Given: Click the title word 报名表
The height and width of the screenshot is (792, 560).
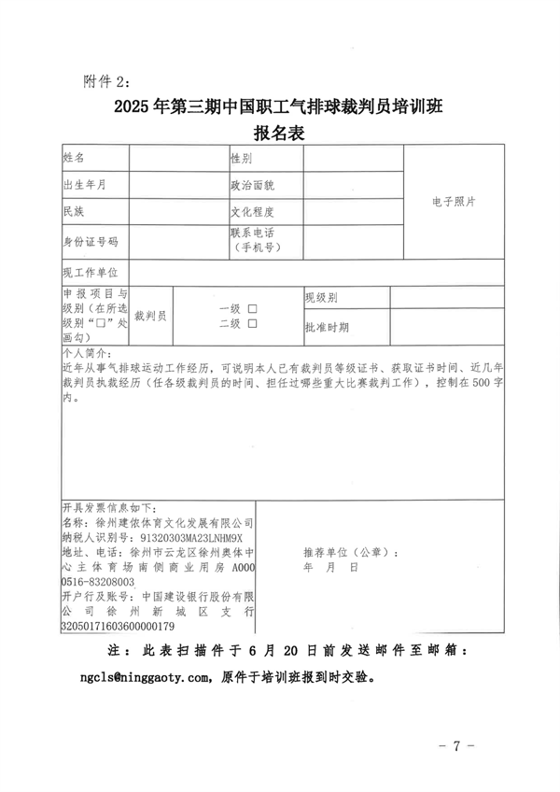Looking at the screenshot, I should pos(279,133).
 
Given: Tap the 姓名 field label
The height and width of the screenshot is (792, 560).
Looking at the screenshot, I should pos(74,159).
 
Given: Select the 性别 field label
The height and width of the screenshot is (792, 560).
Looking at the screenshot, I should pos(242,159).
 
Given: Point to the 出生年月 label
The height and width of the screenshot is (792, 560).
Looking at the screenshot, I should pos(83,185).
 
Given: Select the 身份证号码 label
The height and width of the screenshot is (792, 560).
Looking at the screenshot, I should pos(90,241).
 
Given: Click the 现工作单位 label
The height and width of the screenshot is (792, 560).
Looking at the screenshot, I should pos(90,272).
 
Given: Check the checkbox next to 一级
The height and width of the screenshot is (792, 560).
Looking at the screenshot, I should pos(252,308).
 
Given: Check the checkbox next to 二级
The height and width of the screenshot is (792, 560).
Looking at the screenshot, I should pos(252,323).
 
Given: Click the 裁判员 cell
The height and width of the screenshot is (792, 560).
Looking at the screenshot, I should pos(150,316).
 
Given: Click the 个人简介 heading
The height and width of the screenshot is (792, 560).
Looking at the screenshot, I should pos(86,356).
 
